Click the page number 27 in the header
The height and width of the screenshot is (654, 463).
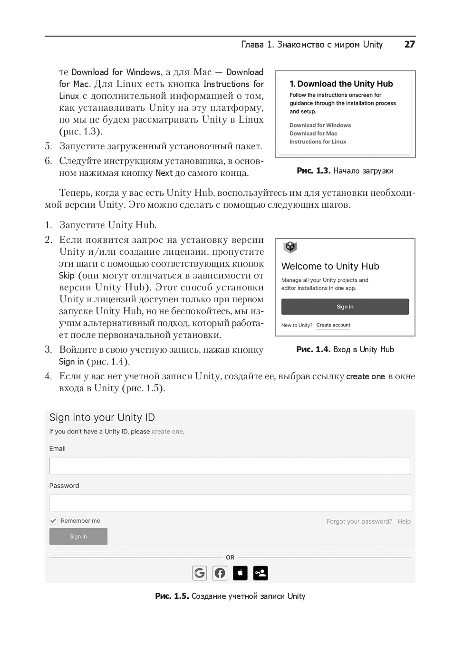409,44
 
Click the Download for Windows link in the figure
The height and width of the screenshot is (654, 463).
320,125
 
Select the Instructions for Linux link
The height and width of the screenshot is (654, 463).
318,142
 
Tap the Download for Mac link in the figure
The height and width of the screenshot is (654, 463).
313,134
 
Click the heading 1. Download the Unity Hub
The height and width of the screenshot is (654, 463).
341,84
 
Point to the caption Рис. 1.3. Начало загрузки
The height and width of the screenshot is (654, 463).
345,171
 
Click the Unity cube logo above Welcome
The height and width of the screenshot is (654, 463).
290,247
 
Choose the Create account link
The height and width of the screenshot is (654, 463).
333,325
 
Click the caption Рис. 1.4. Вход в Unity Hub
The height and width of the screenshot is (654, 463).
345,349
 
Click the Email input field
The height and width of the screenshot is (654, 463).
230,466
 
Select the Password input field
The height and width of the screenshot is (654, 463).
230,503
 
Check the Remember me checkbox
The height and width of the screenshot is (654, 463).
53,521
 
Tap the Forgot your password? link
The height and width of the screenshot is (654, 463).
359,521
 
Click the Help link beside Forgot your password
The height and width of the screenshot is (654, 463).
404,521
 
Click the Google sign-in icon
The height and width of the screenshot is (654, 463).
200,573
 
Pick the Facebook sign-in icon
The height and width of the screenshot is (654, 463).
220,573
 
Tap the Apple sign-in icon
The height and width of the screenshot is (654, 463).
240,573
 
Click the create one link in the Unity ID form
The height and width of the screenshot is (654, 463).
167,432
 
